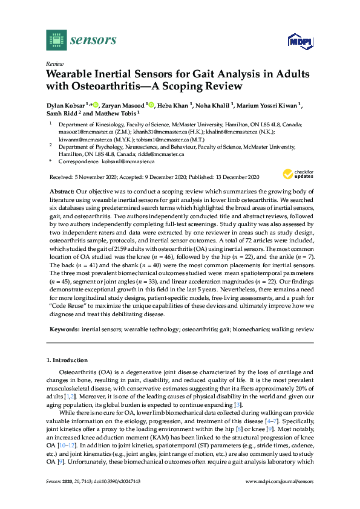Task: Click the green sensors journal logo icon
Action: pyautogui.click(x=55, y=41)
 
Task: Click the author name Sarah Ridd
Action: pyautogui.click(x=61, y=113)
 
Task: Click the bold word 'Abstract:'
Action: pyautogui.click(x=67, y=191)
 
